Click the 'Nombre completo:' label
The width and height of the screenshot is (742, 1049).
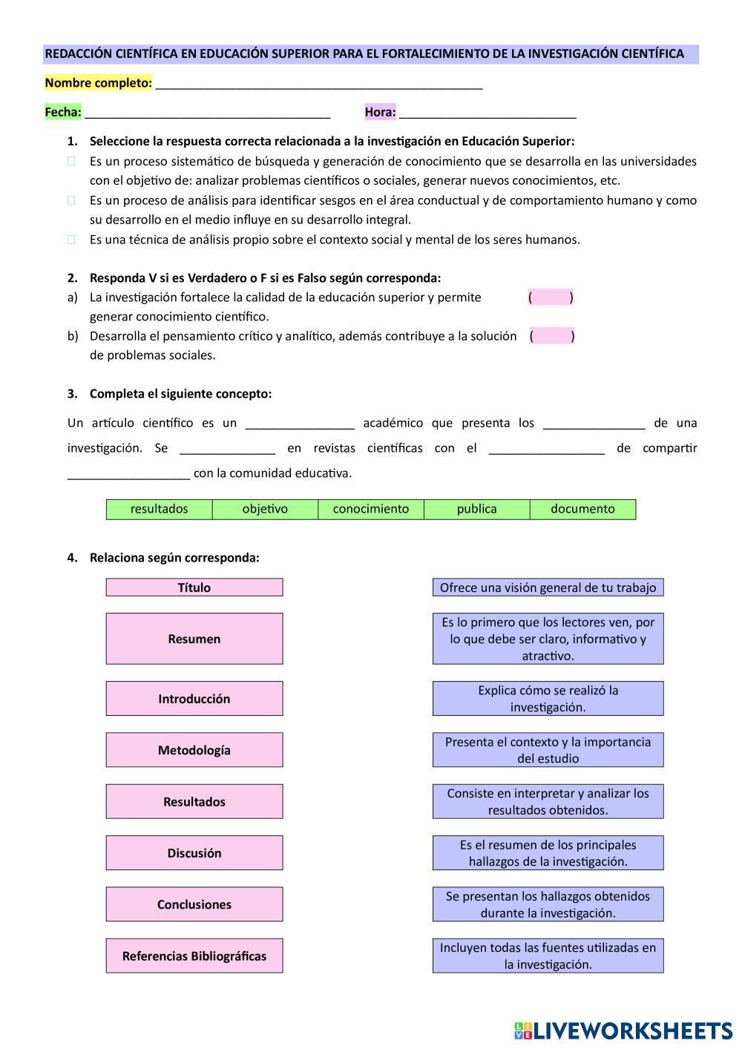[x=98, y=83]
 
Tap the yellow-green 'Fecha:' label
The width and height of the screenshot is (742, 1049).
[x=63, y=112]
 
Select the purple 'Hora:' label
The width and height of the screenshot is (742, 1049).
[x=380, y=112]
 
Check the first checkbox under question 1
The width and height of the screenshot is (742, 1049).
[x=72, y=161]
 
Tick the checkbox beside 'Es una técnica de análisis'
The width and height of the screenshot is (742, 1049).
[x=72, y=240]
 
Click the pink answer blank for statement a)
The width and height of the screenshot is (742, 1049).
[x=551, y=297]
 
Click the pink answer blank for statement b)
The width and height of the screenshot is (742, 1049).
[x=552, y=336]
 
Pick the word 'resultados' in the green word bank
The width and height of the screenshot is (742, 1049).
[x=160, y=509]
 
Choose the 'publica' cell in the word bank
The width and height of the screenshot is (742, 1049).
[x=477, y=509]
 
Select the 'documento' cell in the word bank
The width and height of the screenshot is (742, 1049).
[x=582, y=509]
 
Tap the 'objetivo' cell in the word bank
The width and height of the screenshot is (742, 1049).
[x=265, y=509]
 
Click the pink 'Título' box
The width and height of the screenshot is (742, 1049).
[x=194, y=588]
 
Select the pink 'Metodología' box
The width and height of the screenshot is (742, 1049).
[x=194, y=750]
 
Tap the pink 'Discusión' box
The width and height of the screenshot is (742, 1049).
[x=194, y=853]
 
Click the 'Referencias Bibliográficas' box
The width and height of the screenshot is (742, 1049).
[x=194, y=956]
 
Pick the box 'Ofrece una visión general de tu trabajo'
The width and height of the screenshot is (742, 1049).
[x=548, y=588]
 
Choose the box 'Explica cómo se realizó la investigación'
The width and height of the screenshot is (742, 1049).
[x=548, y=699]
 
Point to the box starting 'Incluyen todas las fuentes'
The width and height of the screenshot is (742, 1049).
[x=548, y=956]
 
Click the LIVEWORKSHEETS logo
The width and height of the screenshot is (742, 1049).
[x=623, y=1030]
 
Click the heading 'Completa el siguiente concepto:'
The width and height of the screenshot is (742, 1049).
[x=180, y=394]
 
